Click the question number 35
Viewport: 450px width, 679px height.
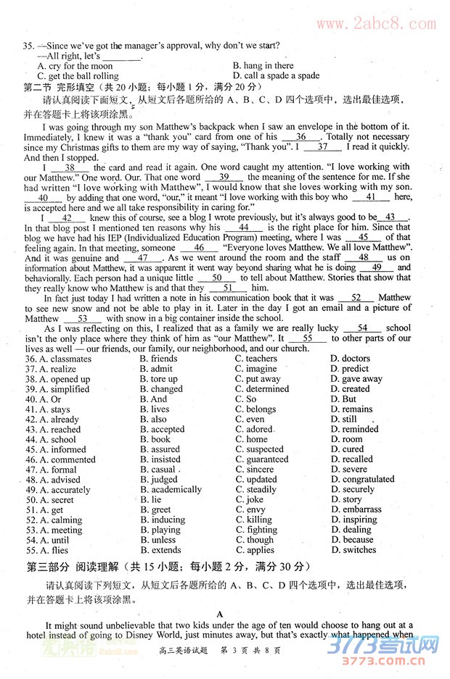coord(28,46)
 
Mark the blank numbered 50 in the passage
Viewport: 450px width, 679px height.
coord(217,277)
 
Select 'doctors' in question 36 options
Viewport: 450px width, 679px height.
coord(355,358)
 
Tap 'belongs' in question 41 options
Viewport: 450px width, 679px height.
coord(261,409)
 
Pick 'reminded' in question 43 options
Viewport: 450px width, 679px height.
coord(360,429)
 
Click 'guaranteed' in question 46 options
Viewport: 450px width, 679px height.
coord(266,459)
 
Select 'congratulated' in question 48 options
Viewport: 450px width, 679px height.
coord(368,479)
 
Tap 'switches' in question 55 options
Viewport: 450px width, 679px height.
coord(359,549)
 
